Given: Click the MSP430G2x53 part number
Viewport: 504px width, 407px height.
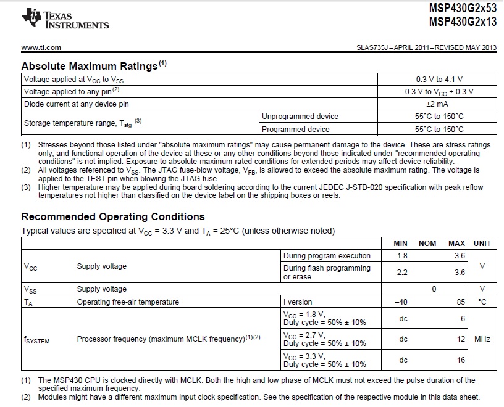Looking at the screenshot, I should (x=462, y=9).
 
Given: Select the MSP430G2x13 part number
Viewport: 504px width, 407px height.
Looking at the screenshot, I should (x=462, y=22).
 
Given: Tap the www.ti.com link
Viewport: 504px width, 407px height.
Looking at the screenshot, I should (x=41, y=47).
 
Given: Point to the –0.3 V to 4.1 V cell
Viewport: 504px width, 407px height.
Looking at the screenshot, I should (x=437, y=79).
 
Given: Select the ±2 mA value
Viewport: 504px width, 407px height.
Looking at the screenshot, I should (x=437, y=104).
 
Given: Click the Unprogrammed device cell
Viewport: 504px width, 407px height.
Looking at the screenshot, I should (x=300, y=117).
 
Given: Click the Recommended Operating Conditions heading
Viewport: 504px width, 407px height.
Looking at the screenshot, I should (x=113, y=216).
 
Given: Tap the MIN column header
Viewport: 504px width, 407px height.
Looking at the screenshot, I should (x=401, y=244).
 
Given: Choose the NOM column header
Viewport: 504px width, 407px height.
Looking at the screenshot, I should (x=427, y=244).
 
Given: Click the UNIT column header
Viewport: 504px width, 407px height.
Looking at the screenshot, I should (x=482, y=244).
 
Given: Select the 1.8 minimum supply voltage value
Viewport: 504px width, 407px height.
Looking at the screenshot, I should (x=402, y=255).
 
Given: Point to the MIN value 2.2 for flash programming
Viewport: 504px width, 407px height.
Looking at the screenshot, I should (x=402, y=272).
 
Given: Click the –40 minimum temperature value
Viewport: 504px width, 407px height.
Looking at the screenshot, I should (x=402, y=302).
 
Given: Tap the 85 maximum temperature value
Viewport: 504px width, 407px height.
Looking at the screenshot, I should (x=461, y=302).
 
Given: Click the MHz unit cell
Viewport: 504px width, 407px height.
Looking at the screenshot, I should (x=482, y=339).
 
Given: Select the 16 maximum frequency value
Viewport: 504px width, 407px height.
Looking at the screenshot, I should (x=461, y=360).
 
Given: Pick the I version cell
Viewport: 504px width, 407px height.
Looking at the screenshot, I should (x=298, y=302).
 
